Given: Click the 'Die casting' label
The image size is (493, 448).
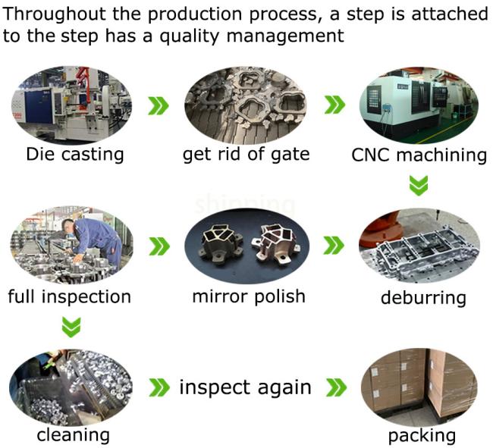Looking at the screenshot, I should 74,155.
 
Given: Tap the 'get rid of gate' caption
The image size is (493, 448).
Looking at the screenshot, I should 246,155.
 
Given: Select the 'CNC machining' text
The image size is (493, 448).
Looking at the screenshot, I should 419,155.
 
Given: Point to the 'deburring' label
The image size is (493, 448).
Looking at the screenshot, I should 422,296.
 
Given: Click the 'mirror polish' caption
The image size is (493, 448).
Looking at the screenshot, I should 248,296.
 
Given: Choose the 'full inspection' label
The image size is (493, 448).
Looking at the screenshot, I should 69,296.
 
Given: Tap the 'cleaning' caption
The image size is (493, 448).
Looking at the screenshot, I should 73,435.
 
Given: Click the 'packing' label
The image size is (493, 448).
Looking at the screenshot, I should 422,436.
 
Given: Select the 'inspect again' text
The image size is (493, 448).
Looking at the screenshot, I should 245,387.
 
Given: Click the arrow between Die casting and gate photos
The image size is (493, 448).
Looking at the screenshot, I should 158,105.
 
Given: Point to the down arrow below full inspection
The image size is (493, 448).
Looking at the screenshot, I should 71,327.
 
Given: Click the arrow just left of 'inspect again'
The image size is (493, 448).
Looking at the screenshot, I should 158,388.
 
